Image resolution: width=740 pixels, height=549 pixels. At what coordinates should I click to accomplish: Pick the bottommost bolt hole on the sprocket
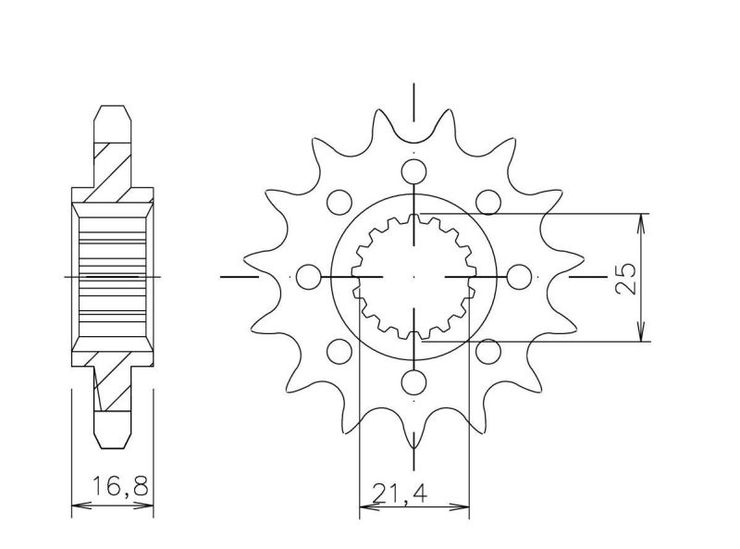point(413,383)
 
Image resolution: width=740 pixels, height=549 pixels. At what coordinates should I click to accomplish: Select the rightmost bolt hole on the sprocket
point(521,277)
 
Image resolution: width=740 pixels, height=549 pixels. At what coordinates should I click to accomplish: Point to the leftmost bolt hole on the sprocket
point(307,277)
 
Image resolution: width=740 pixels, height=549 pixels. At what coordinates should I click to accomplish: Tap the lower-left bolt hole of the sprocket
point(339,351)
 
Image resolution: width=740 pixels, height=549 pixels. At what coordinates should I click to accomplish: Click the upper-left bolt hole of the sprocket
point(339,202)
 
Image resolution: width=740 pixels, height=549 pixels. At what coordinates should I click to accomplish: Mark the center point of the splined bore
point(413,277)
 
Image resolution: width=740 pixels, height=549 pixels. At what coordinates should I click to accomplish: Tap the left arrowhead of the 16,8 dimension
point(78,506)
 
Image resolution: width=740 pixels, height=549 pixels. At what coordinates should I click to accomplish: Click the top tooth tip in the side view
point(113,109)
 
